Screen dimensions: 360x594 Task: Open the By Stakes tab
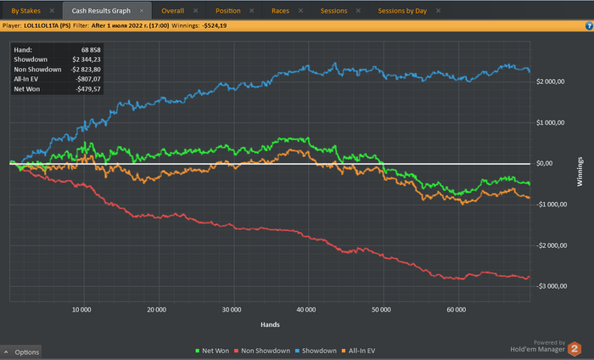pos(25,12)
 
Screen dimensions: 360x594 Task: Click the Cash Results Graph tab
pos(101,12)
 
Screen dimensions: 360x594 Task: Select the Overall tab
pos(173,12)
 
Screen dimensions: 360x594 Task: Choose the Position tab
pos(227,12)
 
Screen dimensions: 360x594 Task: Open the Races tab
pos(280,12)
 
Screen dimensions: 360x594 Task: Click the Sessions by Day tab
pos(402,12)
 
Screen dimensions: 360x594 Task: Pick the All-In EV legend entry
pos(361,350)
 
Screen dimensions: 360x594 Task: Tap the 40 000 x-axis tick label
pos(306,309)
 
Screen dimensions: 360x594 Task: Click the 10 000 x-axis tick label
pos(82,309)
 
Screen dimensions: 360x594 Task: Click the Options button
pos(22,352)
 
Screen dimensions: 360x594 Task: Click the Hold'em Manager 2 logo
pos(574,348)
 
